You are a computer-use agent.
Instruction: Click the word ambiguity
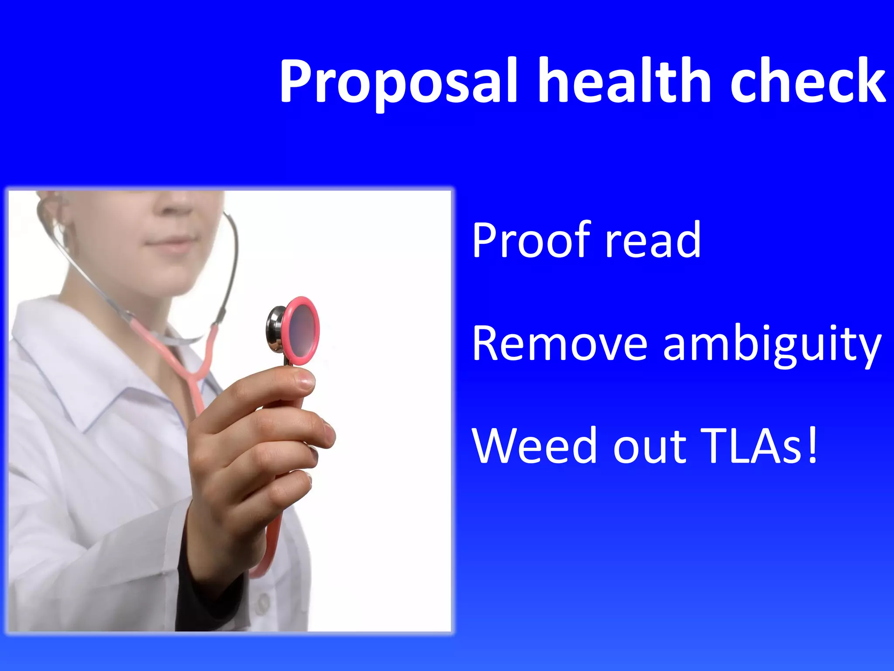(x=773, y=345)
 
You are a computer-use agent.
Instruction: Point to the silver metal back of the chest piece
(x=275, y=329)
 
